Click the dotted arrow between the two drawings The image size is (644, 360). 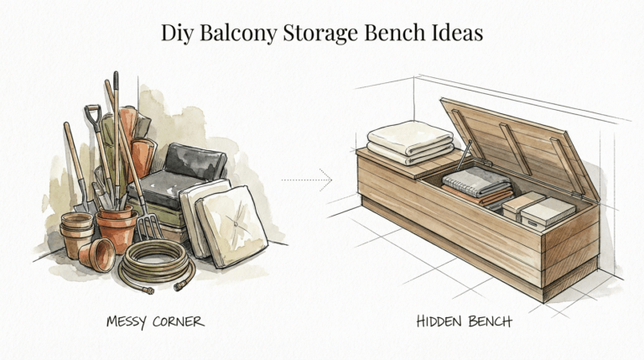pyautogui.click(x=307, y=179)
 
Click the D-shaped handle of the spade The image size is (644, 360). pyautogui.click(x=93, y=112)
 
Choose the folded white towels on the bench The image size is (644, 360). pyautogui.click(x=410, y=140)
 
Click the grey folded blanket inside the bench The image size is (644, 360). pyautogui.click(x=476, y=181)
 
